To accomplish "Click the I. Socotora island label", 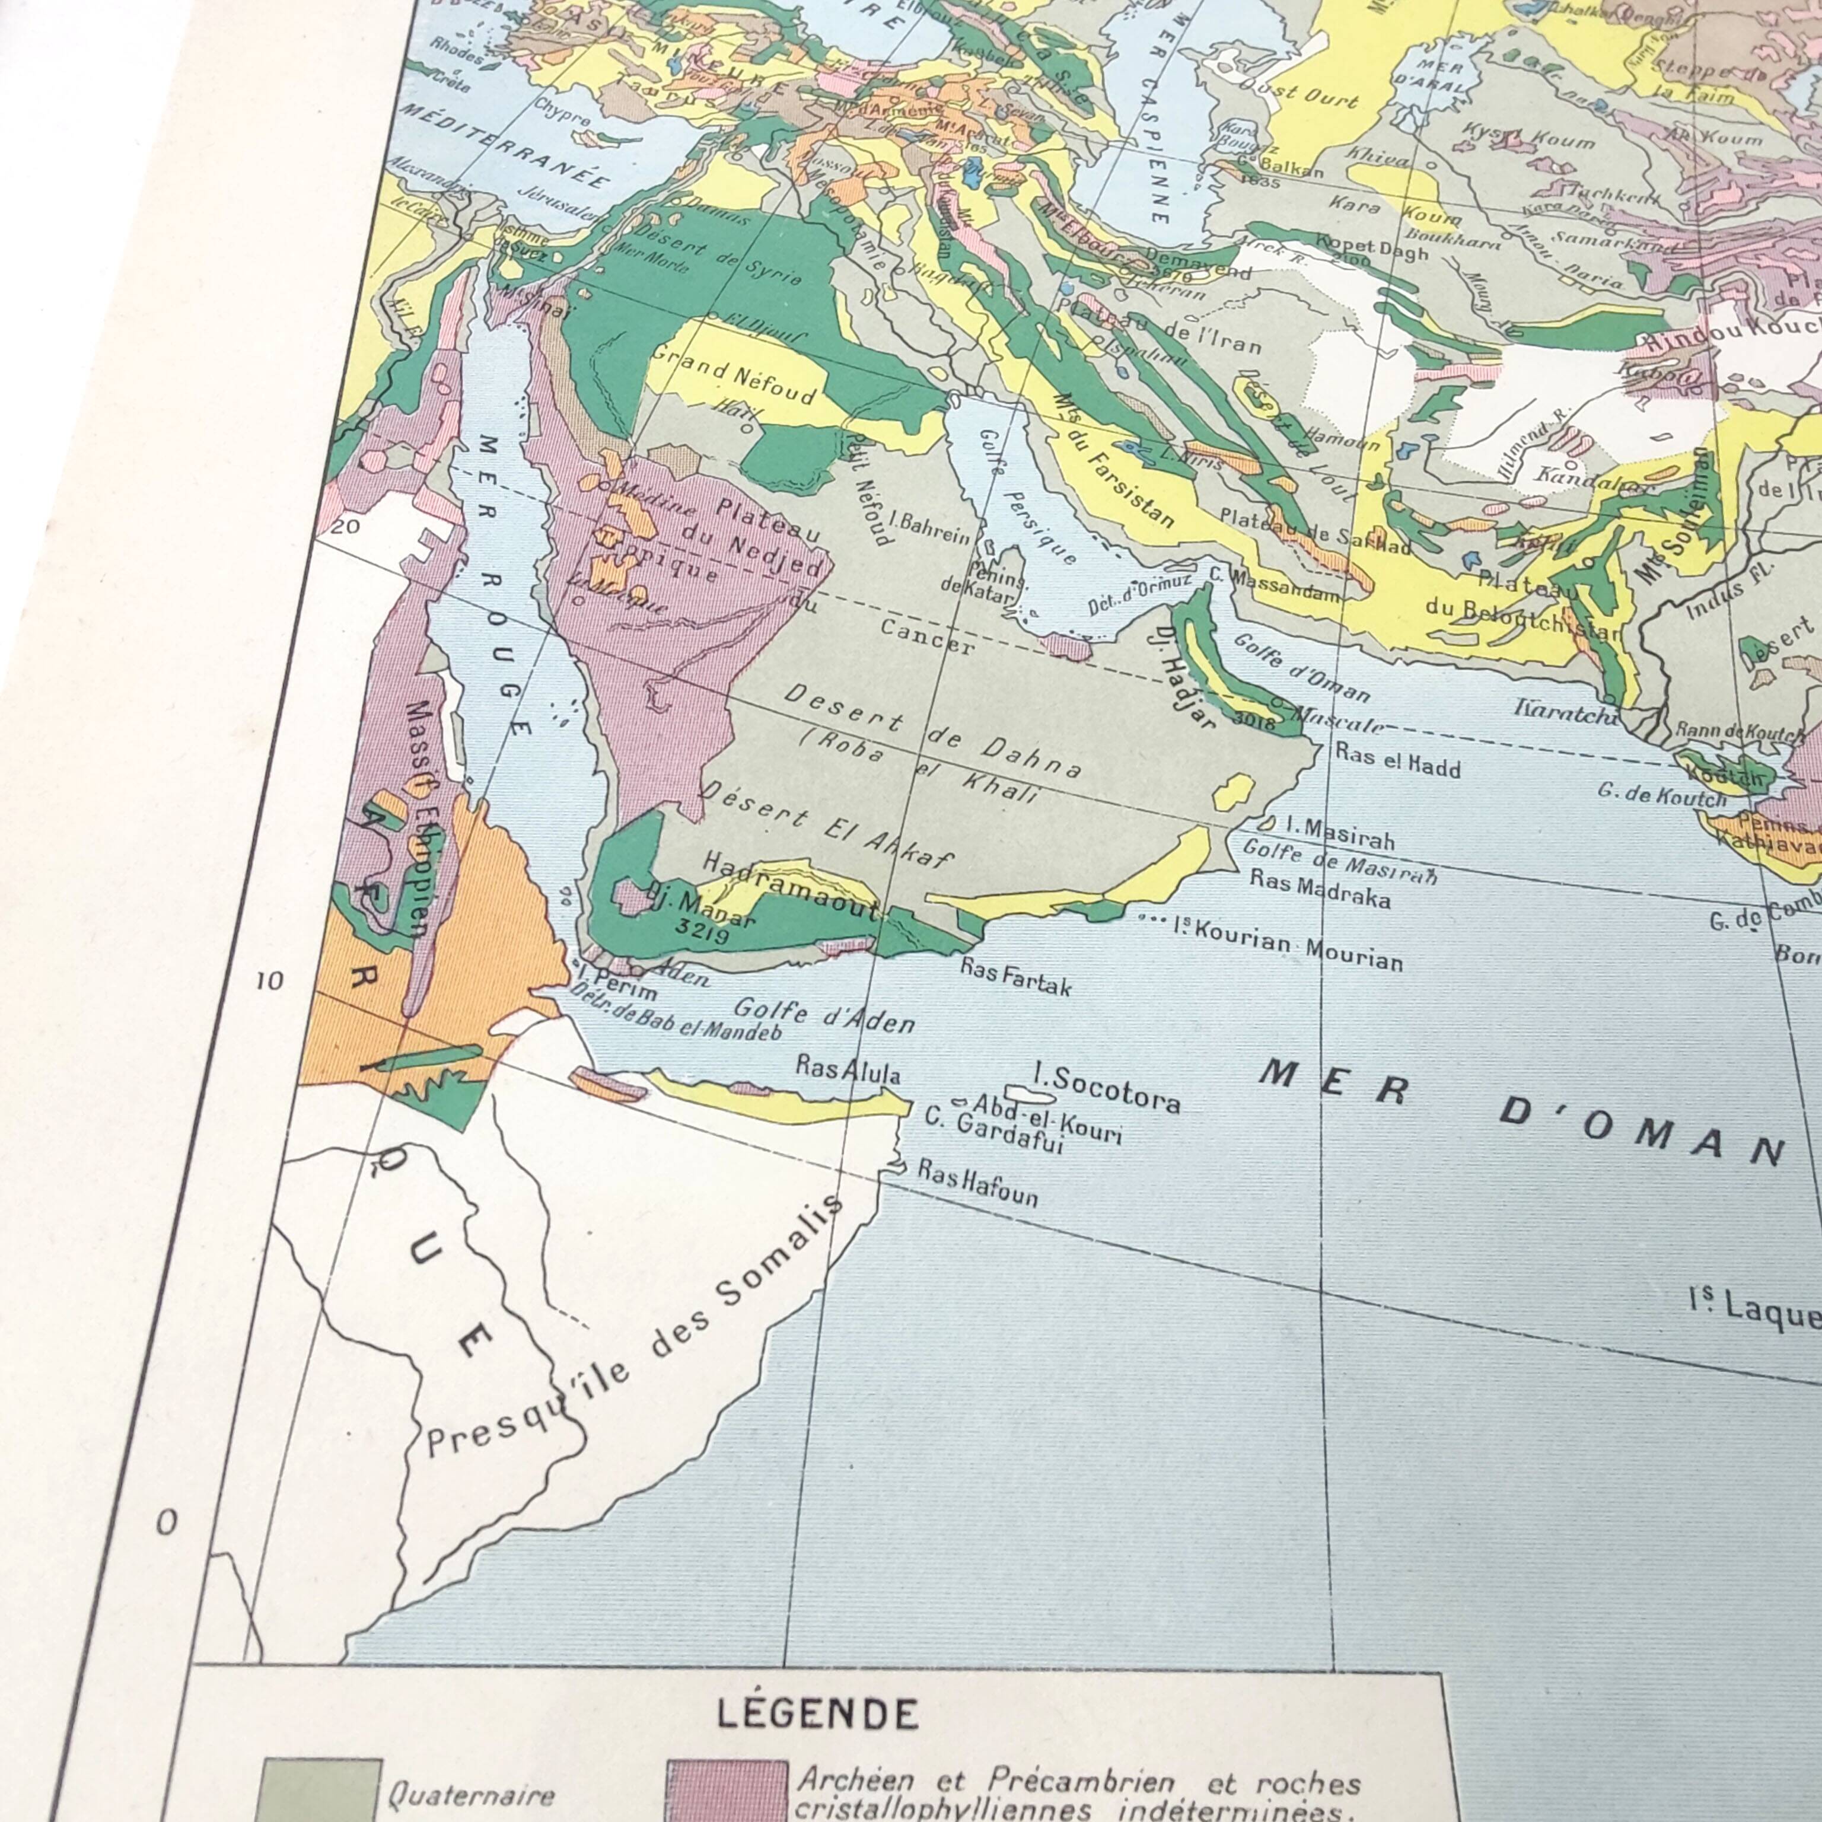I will tap(1106, 1087).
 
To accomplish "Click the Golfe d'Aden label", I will tap(823, 1015).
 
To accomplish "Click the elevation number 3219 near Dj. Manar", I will tap(703, 935).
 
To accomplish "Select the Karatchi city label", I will tap(1566, 712).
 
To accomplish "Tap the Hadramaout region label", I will tap(790, 887).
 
